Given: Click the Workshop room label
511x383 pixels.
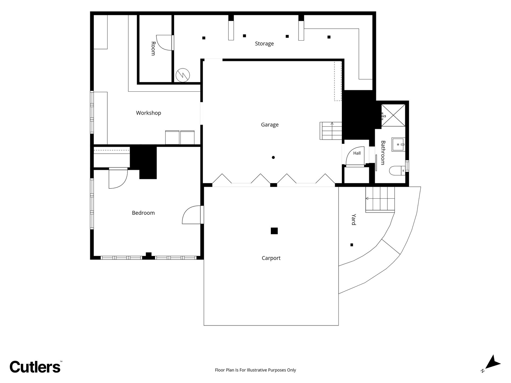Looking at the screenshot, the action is click(148, 113).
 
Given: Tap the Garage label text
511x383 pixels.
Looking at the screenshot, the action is click(270, 125).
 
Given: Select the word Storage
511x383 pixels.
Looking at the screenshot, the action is click(264, 44).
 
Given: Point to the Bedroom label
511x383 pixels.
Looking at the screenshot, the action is click(143, 213).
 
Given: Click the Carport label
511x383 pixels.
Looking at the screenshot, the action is click(271, 258).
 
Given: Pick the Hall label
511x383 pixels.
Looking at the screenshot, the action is click(357, 153).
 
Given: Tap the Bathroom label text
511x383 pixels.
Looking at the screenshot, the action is click(383, 153).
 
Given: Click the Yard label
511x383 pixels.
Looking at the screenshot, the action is click(354, 220).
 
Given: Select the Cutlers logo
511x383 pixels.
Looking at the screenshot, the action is click(35, 366).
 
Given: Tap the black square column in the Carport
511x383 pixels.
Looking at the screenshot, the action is click(274, 231).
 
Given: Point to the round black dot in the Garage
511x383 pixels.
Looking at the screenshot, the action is click(273, 158).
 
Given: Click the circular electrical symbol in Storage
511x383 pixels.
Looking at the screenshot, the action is click(183, 75).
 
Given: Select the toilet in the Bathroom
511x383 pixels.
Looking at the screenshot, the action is click(397, 170).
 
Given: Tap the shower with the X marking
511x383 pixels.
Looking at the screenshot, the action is click(393, 115).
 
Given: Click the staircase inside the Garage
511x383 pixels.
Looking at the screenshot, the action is click(331, 131).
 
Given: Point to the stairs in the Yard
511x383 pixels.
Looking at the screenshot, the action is click(380, 199).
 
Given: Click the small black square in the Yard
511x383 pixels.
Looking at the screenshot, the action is click(352, 245).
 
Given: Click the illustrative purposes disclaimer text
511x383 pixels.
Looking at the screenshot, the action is click(255, 370).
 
